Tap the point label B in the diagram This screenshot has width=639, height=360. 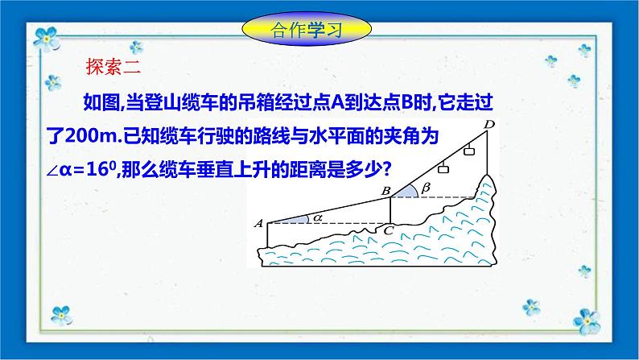[385, 190]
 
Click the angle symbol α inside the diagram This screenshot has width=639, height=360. [319, 215]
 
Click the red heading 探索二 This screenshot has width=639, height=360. [113, 68]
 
